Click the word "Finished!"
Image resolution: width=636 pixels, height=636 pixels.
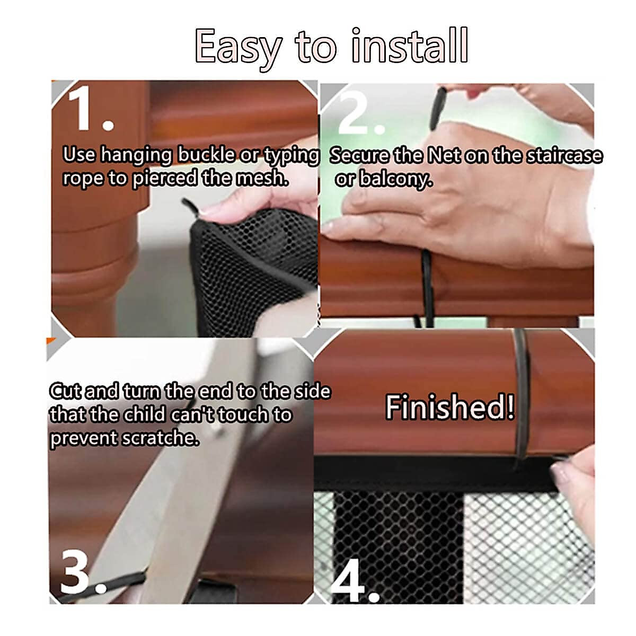tap(449, 407)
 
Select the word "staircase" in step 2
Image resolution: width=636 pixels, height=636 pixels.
tap(564, 155)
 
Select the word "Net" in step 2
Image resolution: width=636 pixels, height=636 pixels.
tap(444, 155)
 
